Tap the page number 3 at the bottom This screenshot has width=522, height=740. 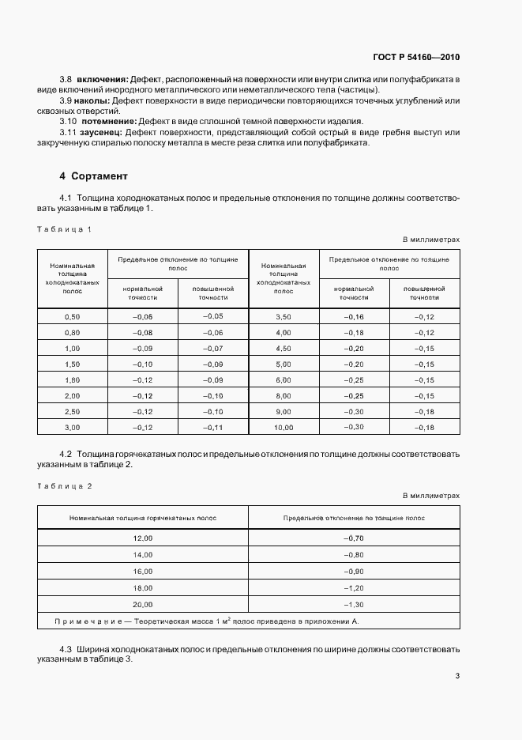pyautogui.click(x=457, y=675)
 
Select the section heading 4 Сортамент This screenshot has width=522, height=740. pyautogui.click(x=93, y=176)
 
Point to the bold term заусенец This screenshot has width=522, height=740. pyautogui.click(x=102, y=133)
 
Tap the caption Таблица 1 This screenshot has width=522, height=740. pyautogui.click(x=65, y=229)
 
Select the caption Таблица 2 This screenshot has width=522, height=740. pyautogui.click(x=65, y=485)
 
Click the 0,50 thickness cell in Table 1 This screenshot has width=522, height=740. pyautogui.click(x=72, y=316)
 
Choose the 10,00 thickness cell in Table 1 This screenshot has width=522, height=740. pyautogui.click(x=284, y=427)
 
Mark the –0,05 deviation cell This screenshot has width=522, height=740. pyautogui.click(x=213, y=316)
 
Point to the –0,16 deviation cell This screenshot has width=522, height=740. pyautogui.click(x=354, y=316)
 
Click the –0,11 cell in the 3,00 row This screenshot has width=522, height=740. pyautogui.click(x=213, y=427)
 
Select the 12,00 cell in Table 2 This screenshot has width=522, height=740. pyautogui.click(x=143, y=538)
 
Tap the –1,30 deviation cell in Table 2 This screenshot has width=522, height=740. pyautogui.click(x=354, y=604)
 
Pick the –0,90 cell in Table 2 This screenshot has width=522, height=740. pyautogui.click(x=354, y=571)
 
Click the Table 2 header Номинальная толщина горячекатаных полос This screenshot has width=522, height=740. pyautogui.click(x=143, y=517)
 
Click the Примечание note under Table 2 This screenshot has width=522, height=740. pyautogui.click(x=206, y=621)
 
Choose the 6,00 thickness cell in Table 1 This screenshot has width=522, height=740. pyautogui.click(x=284, y=379)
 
